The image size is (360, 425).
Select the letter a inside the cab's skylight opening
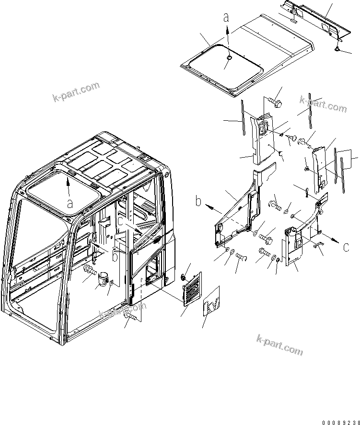pyautogui.click(x=70, y=203)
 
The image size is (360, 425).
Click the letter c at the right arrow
pyautogui.click(x=346, y=248)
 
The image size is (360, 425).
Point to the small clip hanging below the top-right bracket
pyautogui.click(x=338, y=48)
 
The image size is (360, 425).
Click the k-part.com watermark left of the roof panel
pyautogui.click(x=76, y=92)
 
